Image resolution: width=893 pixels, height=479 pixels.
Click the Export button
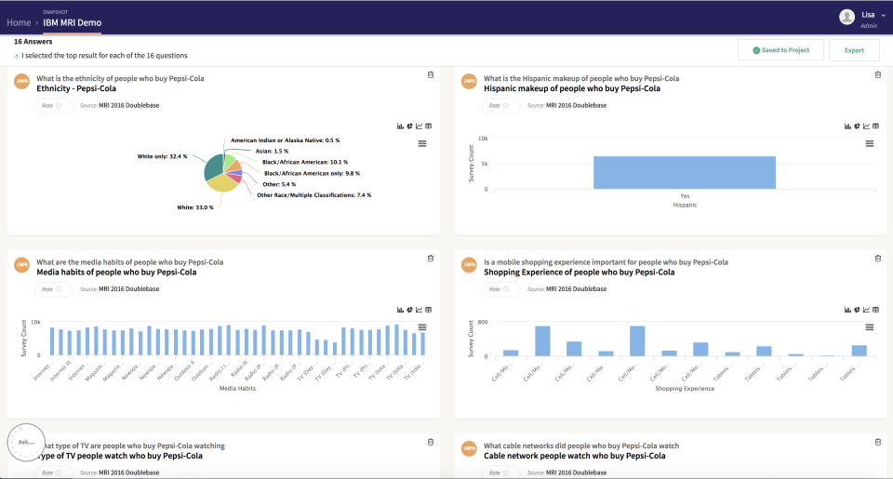854,50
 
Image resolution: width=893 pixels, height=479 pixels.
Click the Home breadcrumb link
19,22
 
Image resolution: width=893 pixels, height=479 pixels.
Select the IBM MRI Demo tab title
73,22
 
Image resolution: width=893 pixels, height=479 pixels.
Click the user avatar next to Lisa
846,17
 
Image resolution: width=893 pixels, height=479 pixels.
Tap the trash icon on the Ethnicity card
430,74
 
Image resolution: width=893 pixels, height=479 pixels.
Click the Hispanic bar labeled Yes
685,172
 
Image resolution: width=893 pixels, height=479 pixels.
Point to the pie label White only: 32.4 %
163,156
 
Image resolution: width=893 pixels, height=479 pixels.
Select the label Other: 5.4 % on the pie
278,184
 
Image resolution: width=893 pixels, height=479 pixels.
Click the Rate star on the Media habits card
59,289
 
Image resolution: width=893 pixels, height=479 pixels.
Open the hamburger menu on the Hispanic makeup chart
870,143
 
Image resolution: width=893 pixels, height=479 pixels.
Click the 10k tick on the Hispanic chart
483,139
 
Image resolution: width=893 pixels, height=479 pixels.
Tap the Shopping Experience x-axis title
685,388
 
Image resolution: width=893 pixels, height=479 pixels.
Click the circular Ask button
26,442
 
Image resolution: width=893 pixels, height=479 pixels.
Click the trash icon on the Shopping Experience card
877,259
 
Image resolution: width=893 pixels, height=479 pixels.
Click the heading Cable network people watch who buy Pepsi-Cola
574,456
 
